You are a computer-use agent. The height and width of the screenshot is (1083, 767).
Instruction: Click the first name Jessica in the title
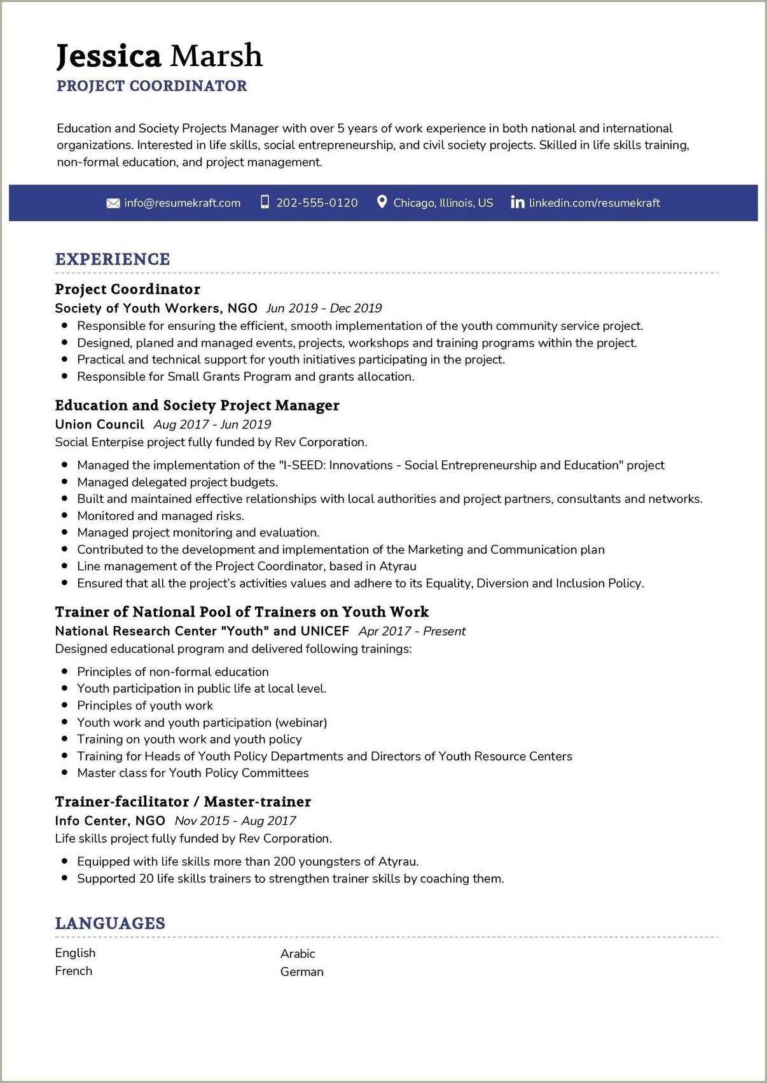pos(108,56)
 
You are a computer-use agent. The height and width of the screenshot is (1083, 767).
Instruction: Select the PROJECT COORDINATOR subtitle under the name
pos(151,86)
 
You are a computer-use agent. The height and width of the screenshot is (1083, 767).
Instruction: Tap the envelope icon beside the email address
pos(113,203)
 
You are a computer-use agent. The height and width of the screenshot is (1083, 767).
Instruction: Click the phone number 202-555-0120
pos(317,203)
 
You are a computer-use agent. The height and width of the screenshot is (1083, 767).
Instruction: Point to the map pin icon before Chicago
pos(382,202)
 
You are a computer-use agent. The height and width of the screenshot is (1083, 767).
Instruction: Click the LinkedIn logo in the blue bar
pos(518,202)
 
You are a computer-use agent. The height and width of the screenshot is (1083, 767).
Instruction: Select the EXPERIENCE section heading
pos(113,259)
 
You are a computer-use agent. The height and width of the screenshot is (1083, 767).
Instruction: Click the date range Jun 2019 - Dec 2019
pos(324,308)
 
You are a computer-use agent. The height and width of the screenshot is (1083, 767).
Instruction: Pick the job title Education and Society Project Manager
pos(197,405)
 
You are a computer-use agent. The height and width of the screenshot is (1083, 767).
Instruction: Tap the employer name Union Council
pos(99,425)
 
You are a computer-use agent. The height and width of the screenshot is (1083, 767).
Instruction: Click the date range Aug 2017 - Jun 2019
pos(212,425)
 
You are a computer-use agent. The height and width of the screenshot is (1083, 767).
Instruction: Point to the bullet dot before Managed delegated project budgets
pos(64,482)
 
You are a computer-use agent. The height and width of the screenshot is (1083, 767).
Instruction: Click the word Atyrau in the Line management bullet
pos(397,566)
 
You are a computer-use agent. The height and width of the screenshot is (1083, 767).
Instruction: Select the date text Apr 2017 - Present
pos(412,631)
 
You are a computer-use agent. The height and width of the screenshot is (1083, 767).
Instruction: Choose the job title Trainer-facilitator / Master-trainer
pos(183,801)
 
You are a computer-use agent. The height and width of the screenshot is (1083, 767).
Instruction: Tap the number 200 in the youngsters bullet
pos(284,862)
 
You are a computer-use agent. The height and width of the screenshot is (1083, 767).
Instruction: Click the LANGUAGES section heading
pos(110,923)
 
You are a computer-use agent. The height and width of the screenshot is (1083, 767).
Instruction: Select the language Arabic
pos(298,953)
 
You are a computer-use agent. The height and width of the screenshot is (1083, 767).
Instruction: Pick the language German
pos(301,972)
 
